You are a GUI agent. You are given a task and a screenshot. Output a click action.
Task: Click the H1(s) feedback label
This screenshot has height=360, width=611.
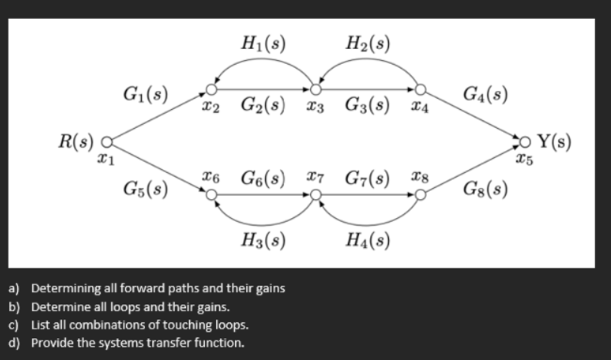(263, 43)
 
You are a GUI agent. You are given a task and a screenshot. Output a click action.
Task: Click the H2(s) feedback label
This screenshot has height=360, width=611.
(368, 43)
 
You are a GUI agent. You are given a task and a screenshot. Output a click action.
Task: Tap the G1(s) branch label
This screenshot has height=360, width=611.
(146, 94)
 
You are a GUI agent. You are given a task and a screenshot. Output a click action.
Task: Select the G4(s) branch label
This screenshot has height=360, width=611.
(487, 94)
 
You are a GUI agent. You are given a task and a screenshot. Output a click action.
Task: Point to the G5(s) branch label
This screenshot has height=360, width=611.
(146, 189)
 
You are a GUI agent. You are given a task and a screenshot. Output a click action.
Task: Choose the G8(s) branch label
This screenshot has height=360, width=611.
(487, 189)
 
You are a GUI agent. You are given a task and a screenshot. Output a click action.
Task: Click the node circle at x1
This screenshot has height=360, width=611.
(106, 144)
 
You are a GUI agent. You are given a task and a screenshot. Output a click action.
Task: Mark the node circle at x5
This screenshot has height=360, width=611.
(524, 144)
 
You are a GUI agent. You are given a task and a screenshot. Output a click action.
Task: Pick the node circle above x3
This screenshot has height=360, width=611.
(317, 88)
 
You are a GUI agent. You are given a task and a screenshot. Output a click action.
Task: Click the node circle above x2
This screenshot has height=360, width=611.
(211, 88)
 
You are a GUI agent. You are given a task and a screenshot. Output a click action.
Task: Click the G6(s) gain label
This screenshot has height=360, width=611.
(264, 177)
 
